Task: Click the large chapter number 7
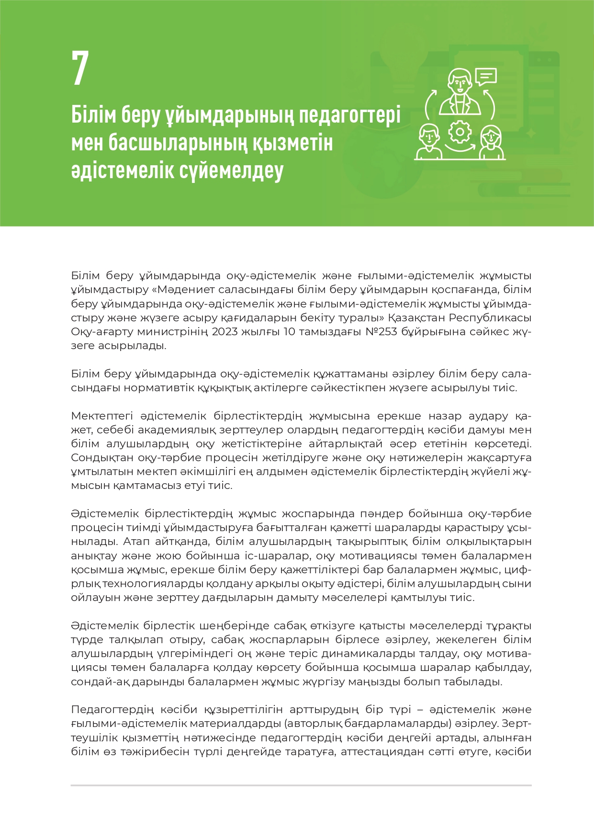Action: coord(80,68)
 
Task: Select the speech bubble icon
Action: coord(486,77)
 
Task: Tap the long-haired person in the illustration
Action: coord(492,142)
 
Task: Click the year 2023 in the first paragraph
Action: coord(225,332)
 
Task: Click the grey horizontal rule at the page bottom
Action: coord(301,785)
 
